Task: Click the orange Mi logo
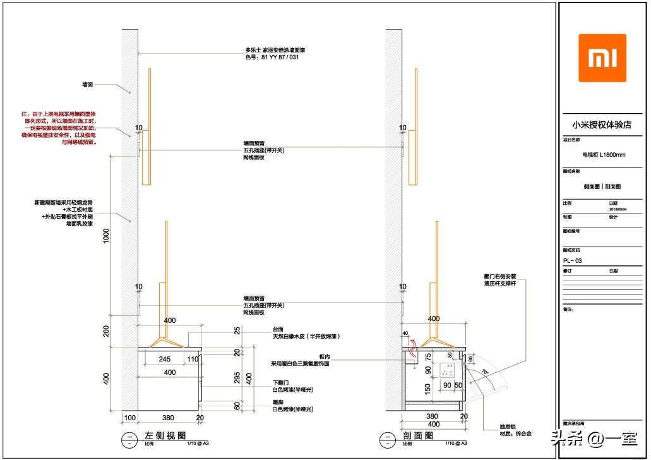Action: pos(602,58)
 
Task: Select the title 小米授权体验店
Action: pos(602,124)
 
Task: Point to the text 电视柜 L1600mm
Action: pos(603,154)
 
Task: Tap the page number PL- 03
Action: pos(573,260)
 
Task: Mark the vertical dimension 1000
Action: pos(107,235)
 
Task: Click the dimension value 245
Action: pos(165,359)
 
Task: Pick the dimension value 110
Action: pos(192,359)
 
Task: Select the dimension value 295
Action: pos(237,378)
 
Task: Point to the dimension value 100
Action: pos(129,418)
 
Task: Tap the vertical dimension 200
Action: pos(107,331)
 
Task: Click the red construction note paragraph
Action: pos(59,128)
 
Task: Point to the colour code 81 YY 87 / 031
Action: pos(272,57)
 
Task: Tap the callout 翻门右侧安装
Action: pos(500,277)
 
